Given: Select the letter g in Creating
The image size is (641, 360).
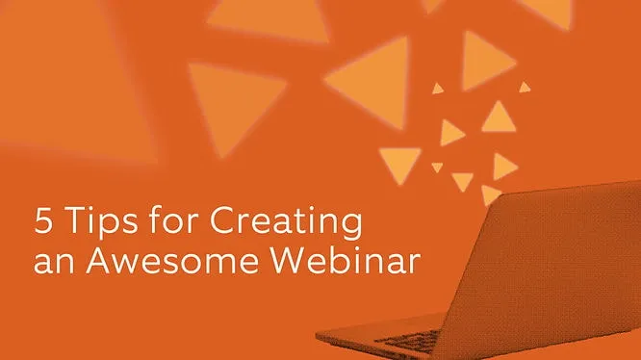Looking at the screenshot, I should point(351,230).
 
